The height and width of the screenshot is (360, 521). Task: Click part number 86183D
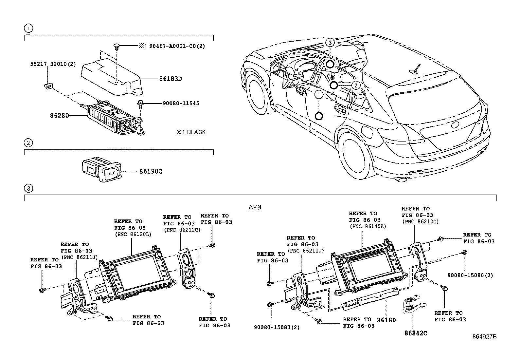(x=170, y=79)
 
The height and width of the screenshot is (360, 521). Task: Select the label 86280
(x=59, y=116)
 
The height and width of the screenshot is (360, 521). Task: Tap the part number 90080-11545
(x=181, y=104)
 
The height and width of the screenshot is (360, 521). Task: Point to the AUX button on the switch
(x=111, y=174)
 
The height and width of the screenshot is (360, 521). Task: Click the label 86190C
(x=151, y=171)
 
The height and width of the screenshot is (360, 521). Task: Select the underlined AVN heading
(x=255, y=207)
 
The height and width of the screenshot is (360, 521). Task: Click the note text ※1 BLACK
(x=191, y=132)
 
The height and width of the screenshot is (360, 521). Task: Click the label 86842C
(x=416, y=333)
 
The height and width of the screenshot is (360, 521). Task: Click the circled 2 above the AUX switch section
(x=28, y=143)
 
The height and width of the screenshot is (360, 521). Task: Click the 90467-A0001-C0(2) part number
(x=177, y=46)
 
